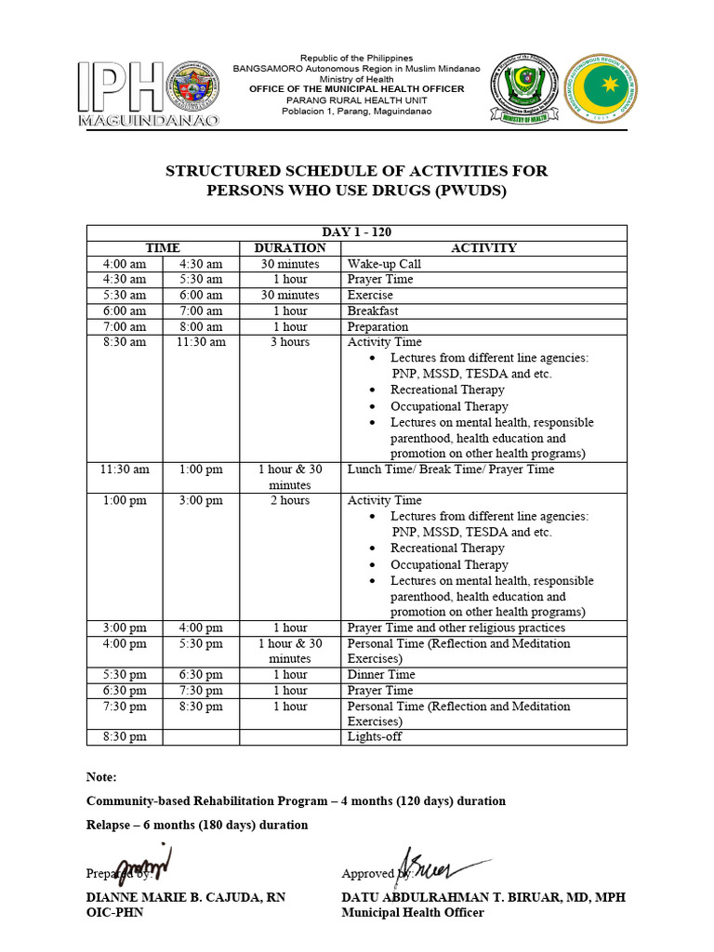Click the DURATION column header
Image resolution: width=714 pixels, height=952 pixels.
[290, 248]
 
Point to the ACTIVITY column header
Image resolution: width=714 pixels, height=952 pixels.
[483, 248]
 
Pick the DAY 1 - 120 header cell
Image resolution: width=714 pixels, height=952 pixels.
[357, 232]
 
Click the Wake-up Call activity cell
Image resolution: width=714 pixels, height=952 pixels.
[384, 264]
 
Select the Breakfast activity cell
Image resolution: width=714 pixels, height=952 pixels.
[372, 311]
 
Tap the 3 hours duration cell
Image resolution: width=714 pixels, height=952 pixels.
[290, 342]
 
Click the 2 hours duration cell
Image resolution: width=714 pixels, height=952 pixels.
[290, 500]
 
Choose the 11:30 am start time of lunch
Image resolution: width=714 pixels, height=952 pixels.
[125, 469]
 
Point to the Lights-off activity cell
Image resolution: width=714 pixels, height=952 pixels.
[375, 737]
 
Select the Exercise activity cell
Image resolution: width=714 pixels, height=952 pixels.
[370, 295]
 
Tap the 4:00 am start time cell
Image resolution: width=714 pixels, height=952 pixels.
[125, 264]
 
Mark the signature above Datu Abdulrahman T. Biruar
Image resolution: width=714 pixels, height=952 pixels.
[437, 865]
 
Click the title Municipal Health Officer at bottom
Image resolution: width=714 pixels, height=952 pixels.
[413, 913]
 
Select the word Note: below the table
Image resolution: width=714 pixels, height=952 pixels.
[102, 777]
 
